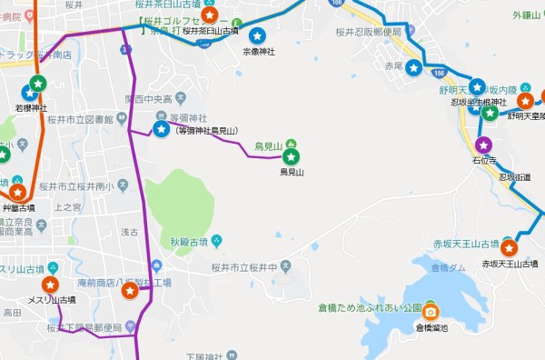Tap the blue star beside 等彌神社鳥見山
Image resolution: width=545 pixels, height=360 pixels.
(162, 130)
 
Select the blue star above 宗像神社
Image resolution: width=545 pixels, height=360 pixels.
(257, 36)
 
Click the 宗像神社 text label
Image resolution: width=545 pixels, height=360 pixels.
(257, 52)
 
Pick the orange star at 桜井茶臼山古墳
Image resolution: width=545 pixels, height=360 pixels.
(210, 15)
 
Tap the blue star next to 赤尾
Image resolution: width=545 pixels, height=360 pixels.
(414, 67)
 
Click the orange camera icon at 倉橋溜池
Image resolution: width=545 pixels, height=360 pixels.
(431, 311)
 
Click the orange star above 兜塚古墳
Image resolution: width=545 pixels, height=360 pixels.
(16, 192)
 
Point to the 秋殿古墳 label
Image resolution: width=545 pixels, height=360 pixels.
(189, 242)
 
